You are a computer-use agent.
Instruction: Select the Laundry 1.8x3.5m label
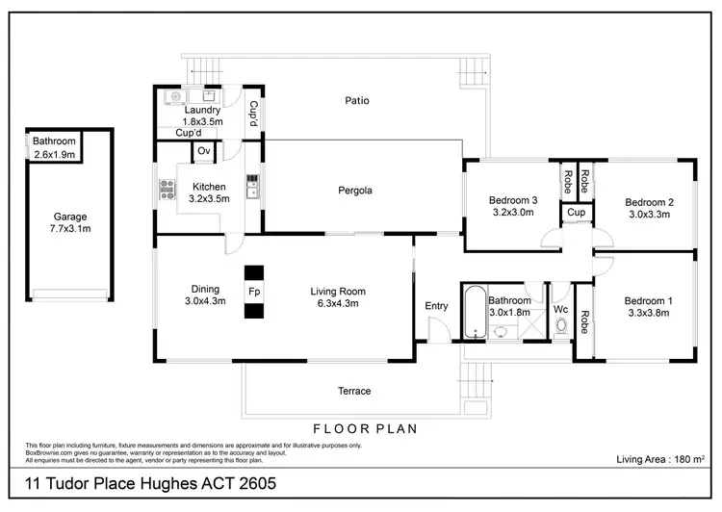[203, 116]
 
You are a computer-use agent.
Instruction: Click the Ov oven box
[203, 151]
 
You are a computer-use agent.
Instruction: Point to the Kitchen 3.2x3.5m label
[209, 192]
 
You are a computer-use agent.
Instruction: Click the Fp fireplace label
[253, 291]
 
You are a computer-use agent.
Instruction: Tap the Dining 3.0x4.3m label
[205, 295]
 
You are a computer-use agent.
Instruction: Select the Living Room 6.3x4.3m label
[338, 296]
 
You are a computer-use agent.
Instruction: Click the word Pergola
[354, 191]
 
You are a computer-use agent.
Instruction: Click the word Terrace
[353, 391]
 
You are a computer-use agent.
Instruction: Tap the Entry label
[436, 306]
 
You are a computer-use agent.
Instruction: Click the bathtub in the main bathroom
[472, 312]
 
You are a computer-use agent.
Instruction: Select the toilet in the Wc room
[561, 326]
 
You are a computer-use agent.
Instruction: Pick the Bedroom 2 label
[648, 208]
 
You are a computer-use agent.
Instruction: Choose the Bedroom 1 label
[648, 307]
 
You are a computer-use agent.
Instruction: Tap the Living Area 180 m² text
[661, 460]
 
